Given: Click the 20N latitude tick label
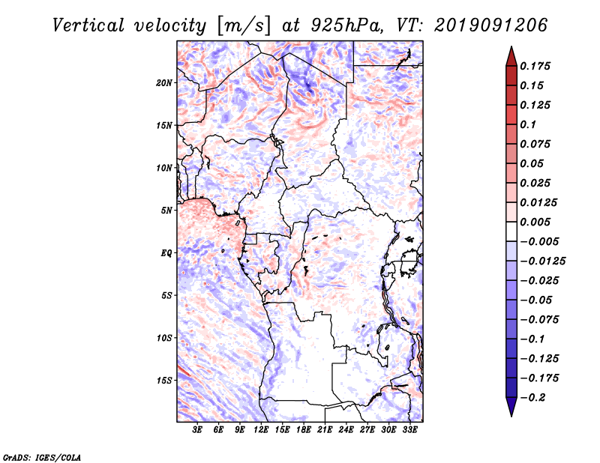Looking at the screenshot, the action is pos(163,83).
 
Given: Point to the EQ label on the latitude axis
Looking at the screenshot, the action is pos(166,253).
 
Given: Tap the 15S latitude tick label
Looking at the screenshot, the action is pos(163,381).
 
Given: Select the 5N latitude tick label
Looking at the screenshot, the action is pos(166,211).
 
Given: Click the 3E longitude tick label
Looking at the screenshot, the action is pos(197,430).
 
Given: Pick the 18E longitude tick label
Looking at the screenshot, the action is pos(304,430).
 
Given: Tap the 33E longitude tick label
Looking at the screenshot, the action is pos(409,430).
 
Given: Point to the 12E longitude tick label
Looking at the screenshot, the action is pos(261,430).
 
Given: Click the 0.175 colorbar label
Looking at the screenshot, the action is pos(535,66).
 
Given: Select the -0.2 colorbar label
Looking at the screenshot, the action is pos(533,398).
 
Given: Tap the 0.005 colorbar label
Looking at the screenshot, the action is pos(535,222).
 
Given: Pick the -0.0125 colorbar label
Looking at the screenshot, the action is pos(542,261).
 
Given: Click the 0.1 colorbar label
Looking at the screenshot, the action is pos(528,124).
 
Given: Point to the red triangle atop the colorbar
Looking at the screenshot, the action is pos(511,57).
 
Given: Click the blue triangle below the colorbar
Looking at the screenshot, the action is pos(511,407).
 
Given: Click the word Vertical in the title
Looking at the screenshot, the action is pos(88,25).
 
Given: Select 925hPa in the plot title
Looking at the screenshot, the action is pos(346,25).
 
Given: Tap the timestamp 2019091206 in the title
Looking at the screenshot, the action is pos(490,25).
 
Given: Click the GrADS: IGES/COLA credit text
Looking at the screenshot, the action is pos(42,457).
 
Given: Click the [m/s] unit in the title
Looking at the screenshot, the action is pos(244,25).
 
